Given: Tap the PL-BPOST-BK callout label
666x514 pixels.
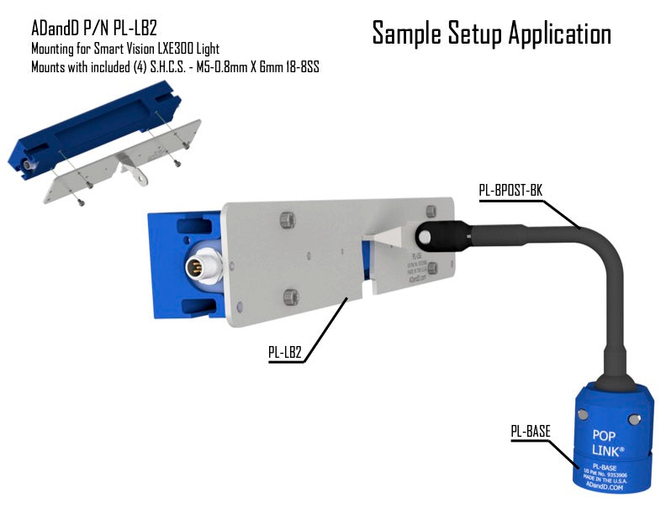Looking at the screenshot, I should (510, 190).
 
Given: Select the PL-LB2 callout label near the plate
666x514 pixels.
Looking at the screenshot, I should (285, 354).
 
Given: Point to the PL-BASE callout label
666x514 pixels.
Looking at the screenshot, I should (531, 432).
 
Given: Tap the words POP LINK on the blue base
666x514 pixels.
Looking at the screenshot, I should (610, 443).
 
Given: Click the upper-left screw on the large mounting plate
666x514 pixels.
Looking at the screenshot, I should (288, 220).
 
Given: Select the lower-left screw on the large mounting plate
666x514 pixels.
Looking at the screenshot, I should (291, 295).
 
